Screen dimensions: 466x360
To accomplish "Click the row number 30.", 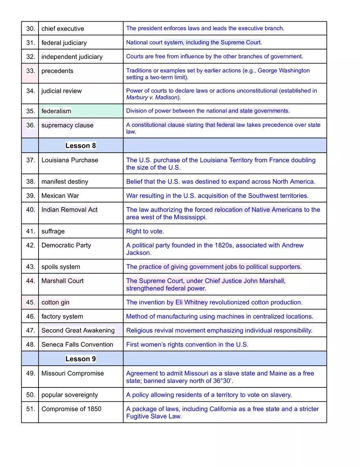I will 30,29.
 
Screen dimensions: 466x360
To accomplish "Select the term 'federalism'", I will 56,111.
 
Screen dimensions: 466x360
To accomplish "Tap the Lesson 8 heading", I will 81,146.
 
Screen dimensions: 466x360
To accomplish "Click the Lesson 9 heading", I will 81,359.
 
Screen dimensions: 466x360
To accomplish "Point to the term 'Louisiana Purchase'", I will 70,160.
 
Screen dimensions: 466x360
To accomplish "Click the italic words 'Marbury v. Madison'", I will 152,97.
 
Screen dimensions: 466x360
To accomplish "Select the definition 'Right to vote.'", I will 145,232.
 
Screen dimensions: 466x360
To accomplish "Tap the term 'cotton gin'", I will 55,303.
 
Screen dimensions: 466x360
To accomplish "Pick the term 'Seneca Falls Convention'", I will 77,344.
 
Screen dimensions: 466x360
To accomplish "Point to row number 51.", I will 30,409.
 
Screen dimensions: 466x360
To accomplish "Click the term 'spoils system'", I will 61,267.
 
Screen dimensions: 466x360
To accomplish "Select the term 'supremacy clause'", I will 67,126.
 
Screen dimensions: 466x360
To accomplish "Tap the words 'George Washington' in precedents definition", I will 283,71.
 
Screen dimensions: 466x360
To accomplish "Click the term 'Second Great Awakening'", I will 78,331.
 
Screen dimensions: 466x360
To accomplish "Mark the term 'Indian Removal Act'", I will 69,210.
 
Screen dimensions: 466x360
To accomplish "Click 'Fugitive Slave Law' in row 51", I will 153,416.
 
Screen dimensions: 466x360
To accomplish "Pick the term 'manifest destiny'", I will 65,182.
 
